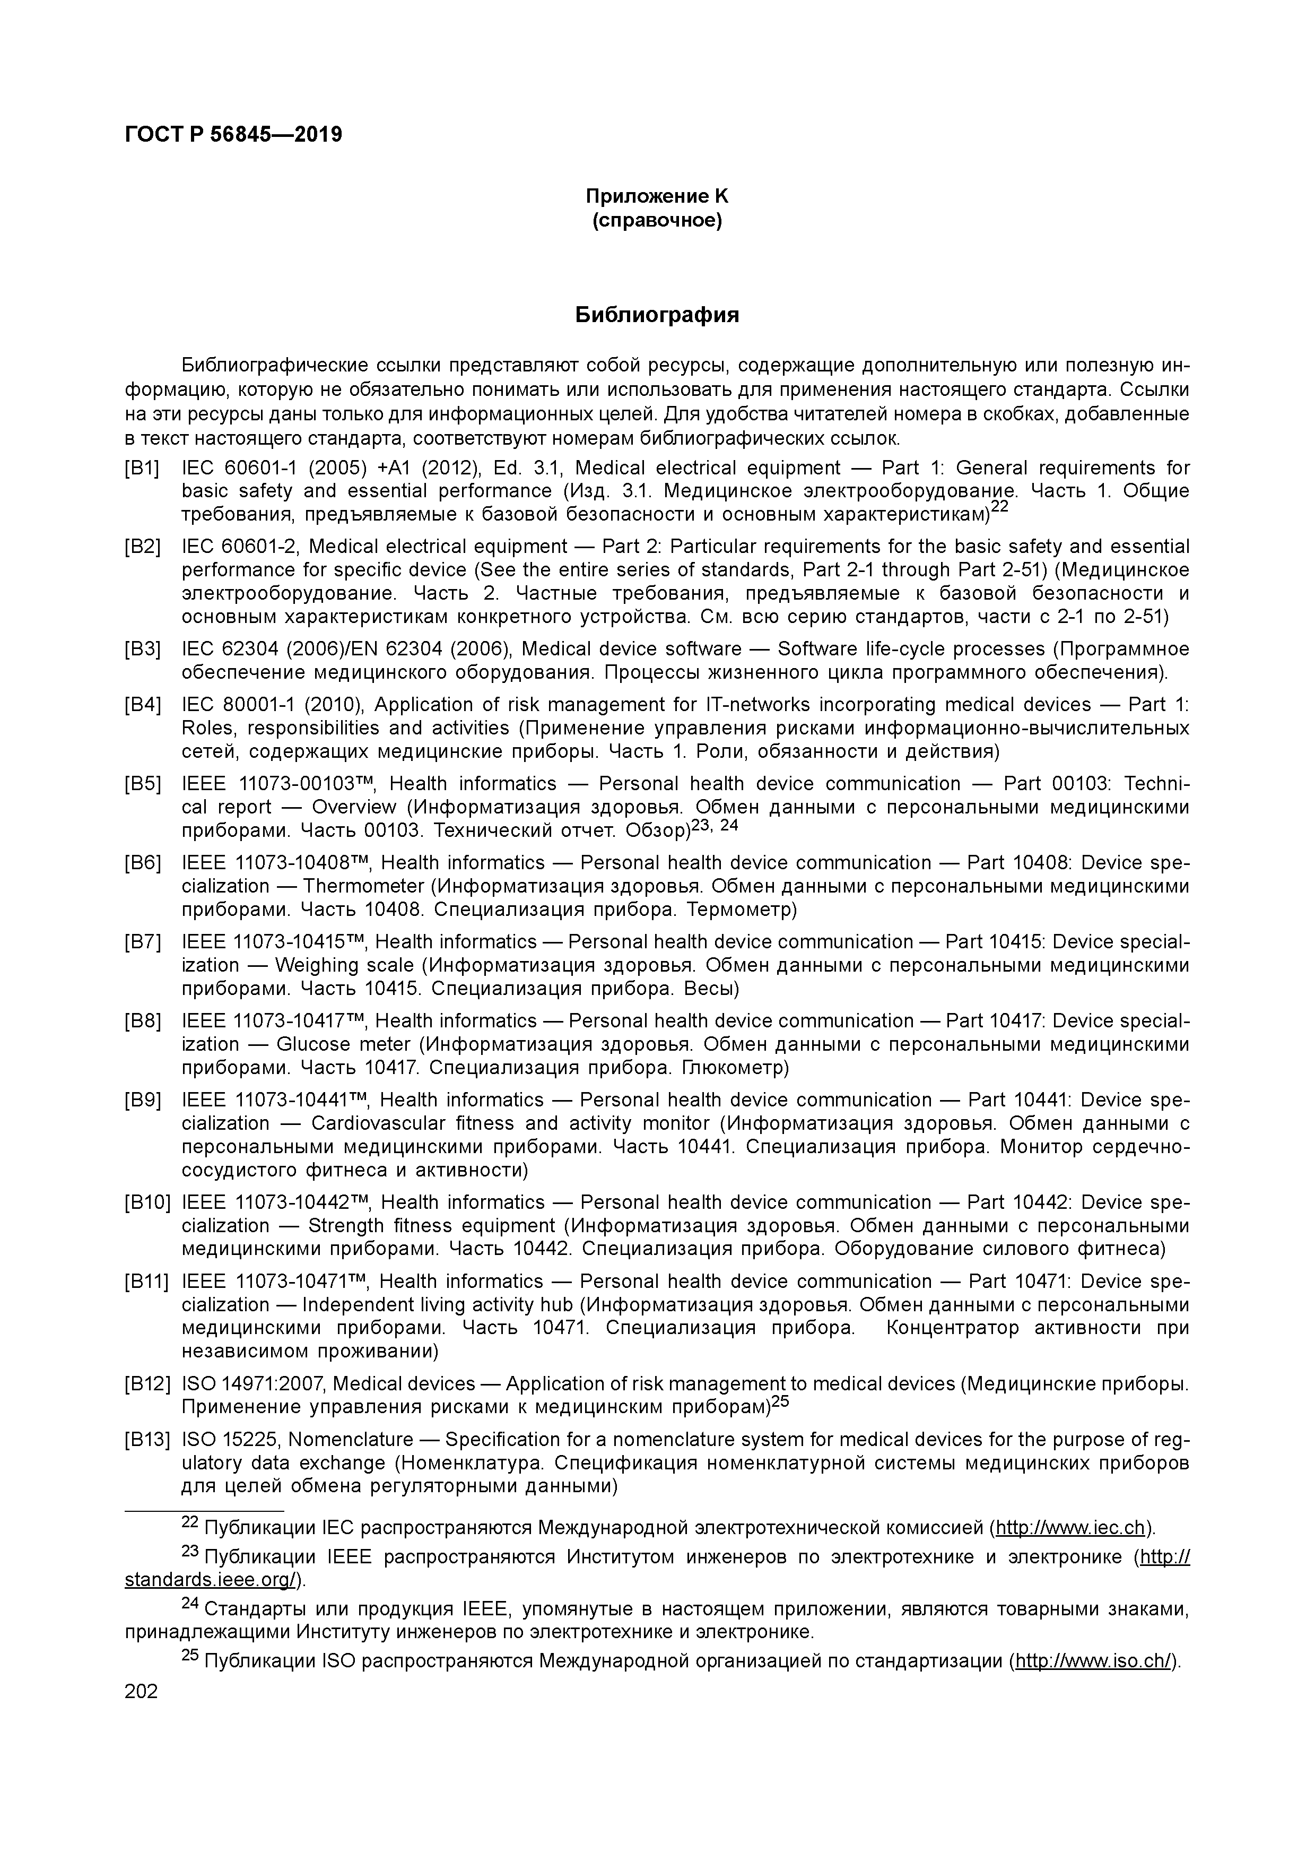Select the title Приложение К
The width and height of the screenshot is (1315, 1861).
pyautogui.click(x=657, y=196)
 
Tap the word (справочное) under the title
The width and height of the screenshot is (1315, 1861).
pyautogui.click(x=657, y=220)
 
